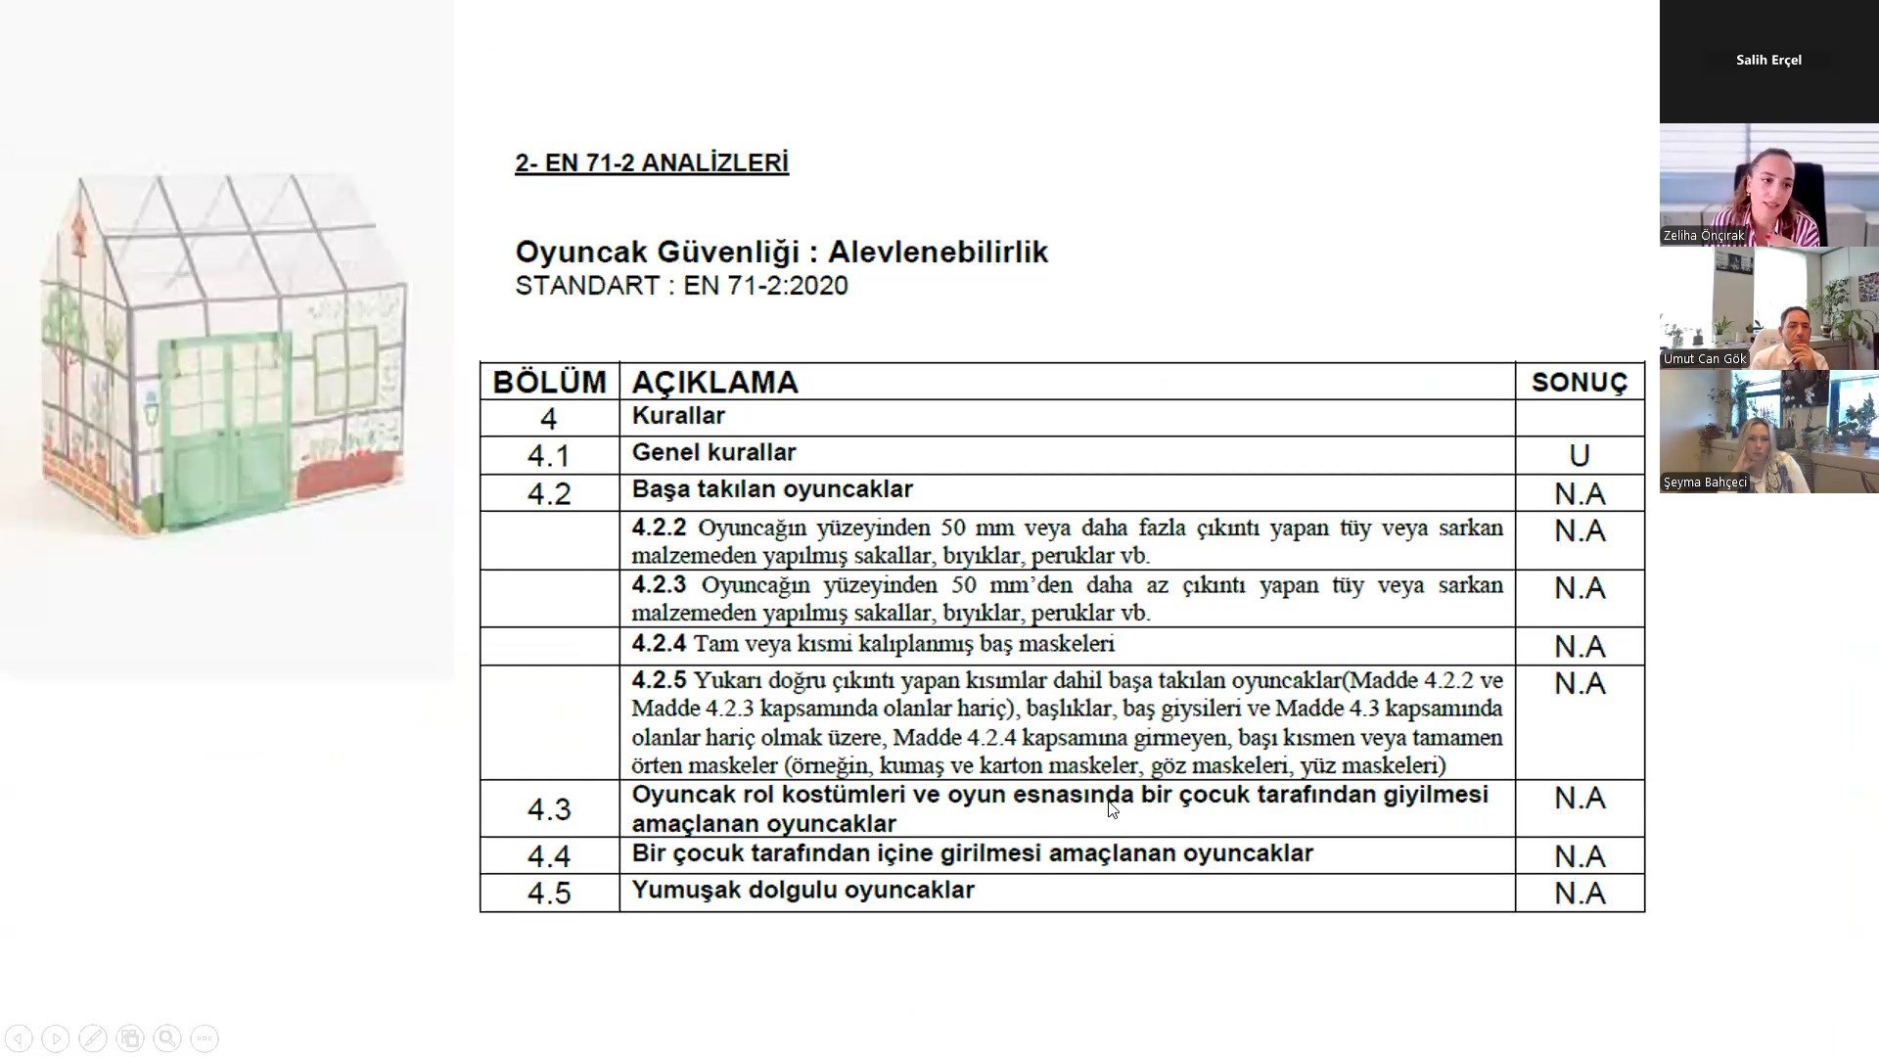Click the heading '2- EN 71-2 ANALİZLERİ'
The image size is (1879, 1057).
652,163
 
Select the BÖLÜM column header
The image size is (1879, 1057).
549,382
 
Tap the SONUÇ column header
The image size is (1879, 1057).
1579,383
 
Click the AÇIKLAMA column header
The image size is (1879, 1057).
715,382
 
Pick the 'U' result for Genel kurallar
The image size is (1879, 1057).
1579,456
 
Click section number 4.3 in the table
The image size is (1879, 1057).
549,809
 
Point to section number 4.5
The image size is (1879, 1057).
549,893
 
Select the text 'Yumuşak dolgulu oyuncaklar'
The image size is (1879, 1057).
802,891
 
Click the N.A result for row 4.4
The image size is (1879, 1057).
1580,856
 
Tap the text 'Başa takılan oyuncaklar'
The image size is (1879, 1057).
772,489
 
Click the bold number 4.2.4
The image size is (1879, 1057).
659,644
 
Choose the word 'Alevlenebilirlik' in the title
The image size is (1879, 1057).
938,253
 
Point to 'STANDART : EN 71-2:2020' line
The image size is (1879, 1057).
681,286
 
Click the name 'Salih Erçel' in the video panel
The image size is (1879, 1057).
1768,60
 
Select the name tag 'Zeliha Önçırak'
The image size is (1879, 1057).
1704,236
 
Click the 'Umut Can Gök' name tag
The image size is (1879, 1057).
1705,359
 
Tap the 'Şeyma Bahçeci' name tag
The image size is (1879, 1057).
1705,483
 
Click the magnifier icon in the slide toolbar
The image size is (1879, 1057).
167,1038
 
